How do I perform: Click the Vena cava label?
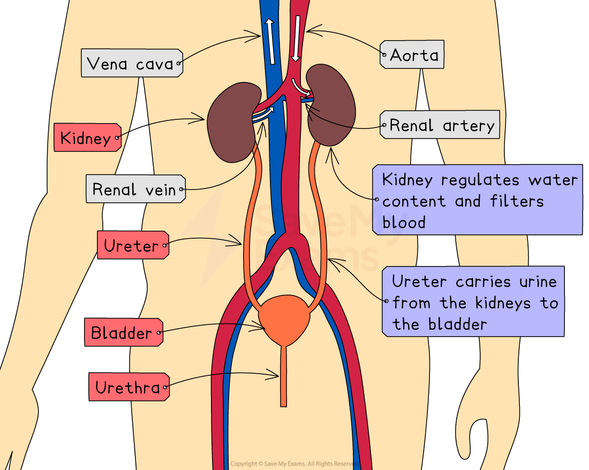click(132, 64)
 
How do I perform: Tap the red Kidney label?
click(86, 138)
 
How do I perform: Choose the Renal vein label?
click(135, 189)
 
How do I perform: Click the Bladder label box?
click(122, 332)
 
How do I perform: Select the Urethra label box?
click(129, 386)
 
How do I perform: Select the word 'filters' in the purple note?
click(517, 201)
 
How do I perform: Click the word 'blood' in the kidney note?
click(404, 222)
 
